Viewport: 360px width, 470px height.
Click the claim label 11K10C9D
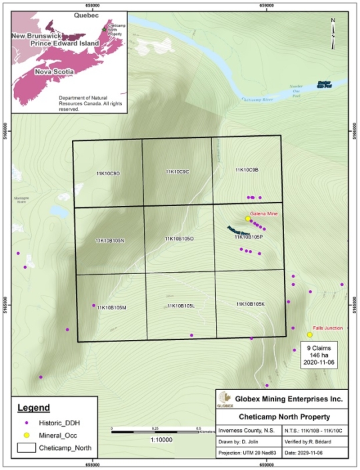[x=108, y=173]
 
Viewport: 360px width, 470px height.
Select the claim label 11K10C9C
[x=177, y=172]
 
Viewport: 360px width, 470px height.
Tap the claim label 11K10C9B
[x=247, y=170]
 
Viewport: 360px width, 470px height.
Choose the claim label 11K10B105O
[x=179, y=239]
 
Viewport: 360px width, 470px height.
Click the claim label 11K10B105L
[x=181, y=305]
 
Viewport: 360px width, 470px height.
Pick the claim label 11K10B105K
[x=251, y=304]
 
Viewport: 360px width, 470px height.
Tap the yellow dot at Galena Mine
[x=247, y=219]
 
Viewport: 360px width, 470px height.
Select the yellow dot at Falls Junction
[x=309, y=335]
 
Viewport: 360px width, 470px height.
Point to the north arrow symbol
[x=333, y=32]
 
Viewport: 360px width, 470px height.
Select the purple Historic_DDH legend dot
[x=26, y=423]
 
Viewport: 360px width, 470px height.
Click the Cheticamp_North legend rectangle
[x=26, y=448]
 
